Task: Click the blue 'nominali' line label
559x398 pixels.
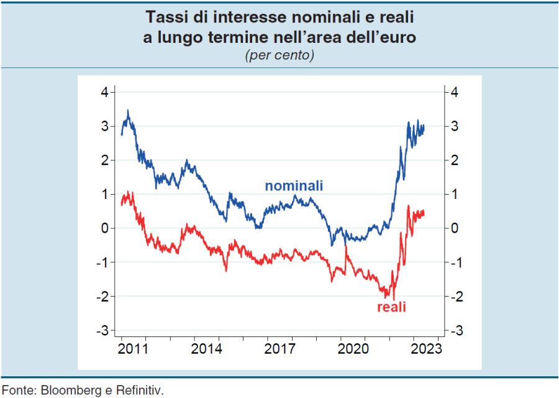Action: (294, 186)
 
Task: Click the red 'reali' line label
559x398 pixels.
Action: (391, 307)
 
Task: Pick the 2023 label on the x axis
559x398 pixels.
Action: (426, 348)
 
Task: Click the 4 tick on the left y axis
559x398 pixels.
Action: (104, 92)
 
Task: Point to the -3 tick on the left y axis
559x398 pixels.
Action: (102, 330)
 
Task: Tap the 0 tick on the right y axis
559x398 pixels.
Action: (455, 228)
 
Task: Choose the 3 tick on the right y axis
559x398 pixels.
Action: (455, 126)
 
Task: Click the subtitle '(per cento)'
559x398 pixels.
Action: (279, 55)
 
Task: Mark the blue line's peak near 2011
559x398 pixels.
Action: (128, 111)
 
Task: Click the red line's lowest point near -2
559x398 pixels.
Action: (394, 298)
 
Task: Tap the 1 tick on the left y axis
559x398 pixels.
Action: (104, 194)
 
